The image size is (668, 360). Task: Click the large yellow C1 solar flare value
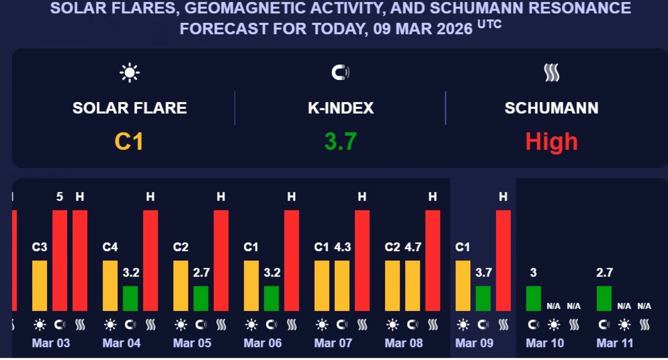(129, 142)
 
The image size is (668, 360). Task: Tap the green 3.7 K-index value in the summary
(340, 142)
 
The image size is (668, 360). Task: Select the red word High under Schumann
(551, 142)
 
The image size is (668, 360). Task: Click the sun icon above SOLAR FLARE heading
(129, 73)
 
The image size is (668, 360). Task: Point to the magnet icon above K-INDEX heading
(340, 73)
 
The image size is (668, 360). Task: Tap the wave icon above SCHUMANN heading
(551, 73)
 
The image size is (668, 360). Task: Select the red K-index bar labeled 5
(59, 261)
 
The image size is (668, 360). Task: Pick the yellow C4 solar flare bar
(110, 286)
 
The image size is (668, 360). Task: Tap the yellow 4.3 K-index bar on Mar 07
(342, 286)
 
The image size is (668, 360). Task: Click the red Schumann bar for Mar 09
(503, 261)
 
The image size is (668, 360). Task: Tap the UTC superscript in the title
(489, 24)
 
